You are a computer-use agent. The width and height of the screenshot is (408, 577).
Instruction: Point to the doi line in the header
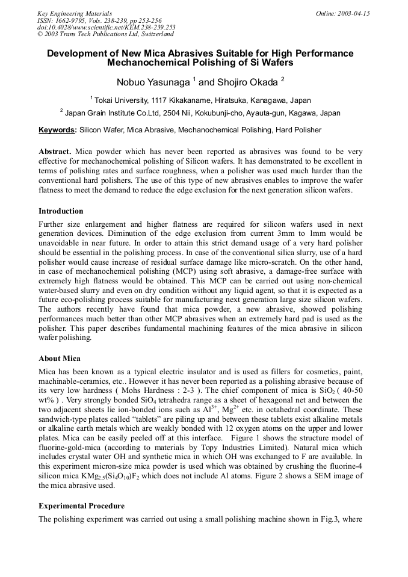[x=106, y=27]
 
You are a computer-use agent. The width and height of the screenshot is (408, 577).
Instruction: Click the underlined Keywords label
[x=57, y=129]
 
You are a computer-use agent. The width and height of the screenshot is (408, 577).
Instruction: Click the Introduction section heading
[x=61, y=211]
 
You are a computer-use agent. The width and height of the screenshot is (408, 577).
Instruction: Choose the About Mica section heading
[x=59, y=359]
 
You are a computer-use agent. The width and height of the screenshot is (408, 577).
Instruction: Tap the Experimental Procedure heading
[x=81, y=506]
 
